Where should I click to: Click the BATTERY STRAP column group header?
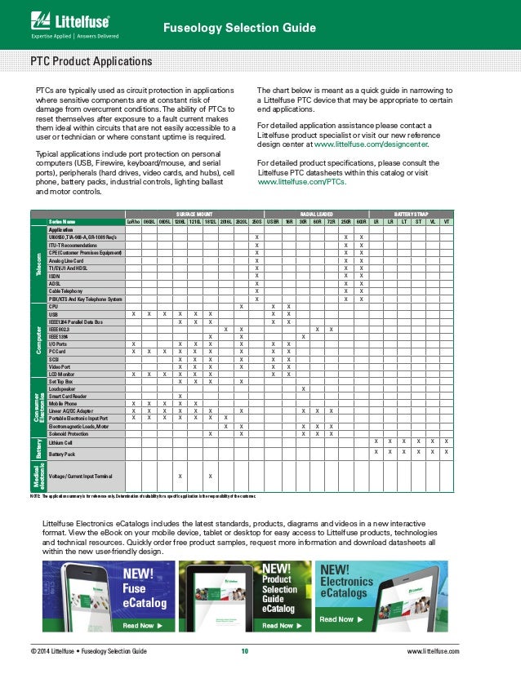coord(411,212)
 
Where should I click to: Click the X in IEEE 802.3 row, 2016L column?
coord(225,328)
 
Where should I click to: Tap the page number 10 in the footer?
coord(244,651)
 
